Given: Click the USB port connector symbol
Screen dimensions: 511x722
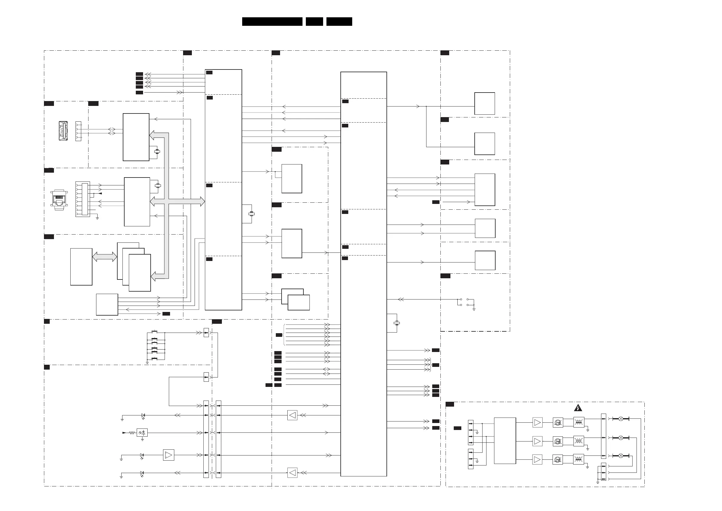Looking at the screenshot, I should (63, 131).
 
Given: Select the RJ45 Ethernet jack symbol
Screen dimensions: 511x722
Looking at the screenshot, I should (59, 200).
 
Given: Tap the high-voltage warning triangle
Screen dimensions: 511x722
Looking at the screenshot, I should (578, 408).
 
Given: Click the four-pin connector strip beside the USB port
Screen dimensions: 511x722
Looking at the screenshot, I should (78, 131).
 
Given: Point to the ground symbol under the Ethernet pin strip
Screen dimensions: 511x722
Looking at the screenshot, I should (97, 218).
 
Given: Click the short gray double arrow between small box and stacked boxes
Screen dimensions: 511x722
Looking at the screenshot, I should (104, 257).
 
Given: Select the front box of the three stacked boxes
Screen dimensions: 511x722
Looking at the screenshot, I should (140, 273).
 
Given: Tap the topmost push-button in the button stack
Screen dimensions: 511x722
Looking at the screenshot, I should (155, 332).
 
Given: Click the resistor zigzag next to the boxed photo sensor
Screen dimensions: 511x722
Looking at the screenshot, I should (132, 433).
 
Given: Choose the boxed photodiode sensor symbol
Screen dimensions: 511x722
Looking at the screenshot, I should (142, 433).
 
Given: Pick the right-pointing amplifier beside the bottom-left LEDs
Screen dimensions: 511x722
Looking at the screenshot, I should (169, 455).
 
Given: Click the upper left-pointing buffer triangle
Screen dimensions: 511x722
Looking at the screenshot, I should (292, 415).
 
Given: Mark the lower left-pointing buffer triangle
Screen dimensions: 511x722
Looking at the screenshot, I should (292, 472).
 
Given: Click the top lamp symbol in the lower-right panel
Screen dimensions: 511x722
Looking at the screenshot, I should (621, 419).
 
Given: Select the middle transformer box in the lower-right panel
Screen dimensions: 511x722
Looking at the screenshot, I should (579, 441).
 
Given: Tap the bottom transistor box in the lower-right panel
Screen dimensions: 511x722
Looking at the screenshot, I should (557, 460).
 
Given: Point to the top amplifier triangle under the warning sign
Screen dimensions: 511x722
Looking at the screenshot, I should (537, 422).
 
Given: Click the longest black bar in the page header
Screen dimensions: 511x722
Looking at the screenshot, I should (272, 22).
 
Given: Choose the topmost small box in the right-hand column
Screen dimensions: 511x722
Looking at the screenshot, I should (484, 103).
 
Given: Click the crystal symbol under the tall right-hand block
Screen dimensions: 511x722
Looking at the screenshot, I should (397, 323).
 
